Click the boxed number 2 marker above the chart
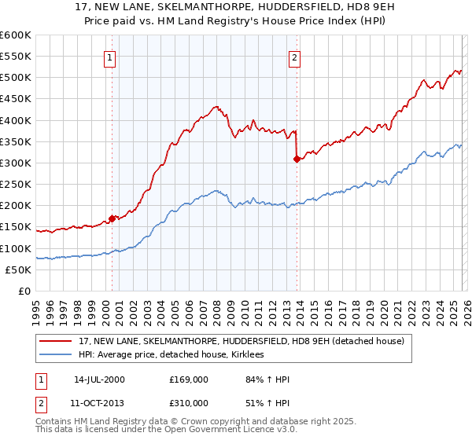294,57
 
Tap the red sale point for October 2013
297,159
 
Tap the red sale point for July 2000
112,218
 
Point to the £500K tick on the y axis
16,78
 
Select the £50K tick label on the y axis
18,269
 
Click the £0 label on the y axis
24,291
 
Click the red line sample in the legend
55,341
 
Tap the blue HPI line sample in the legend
55,355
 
